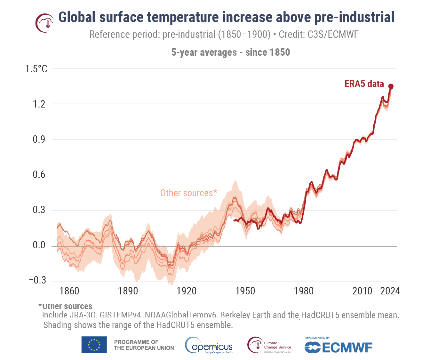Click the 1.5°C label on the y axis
(36, 69)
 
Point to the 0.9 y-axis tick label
(39, 140)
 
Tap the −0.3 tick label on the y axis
(37, 280)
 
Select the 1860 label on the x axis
(69, 291)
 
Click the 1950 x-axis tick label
(245, 291)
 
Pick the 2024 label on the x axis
(390, 291)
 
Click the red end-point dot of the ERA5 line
(391, 86)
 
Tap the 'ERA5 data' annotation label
(364, 84)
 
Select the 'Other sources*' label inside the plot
(188, 193)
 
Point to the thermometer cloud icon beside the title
(44, 23)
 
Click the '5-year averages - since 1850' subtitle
(230, 52)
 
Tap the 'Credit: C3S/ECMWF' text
(318, 34)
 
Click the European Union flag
(94, 345)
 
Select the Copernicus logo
(209, 345)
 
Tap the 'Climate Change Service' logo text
(277, 345)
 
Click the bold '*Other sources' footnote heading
(65, 306)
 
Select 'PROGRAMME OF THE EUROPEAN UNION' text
(144, 345)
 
